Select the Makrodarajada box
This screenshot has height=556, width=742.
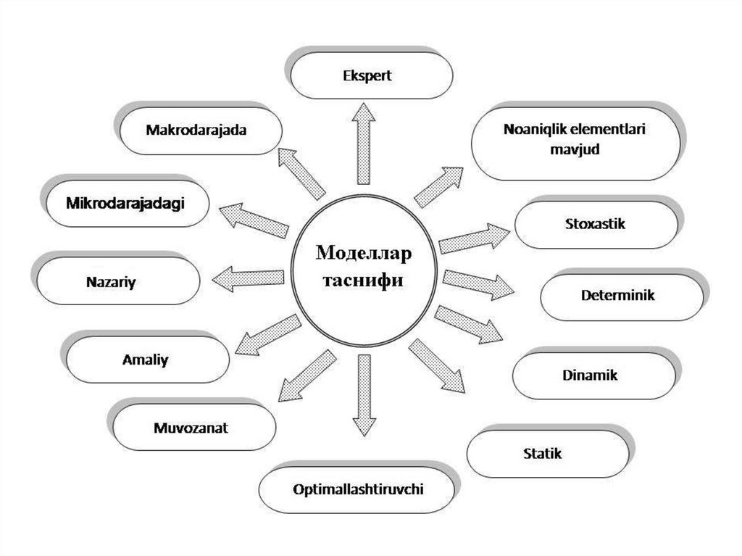pos(196,131)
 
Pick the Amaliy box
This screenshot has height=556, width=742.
pos(145,360)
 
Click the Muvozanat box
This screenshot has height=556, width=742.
pos(191,427)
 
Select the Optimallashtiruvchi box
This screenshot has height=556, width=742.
pos(358,489)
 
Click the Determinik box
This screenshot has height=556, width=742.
pos(617,296)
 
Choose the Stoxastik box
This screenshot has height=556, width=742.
pos(594,223)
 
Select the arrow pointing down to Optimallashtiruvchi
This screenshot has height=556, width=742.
pos(364,395)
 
